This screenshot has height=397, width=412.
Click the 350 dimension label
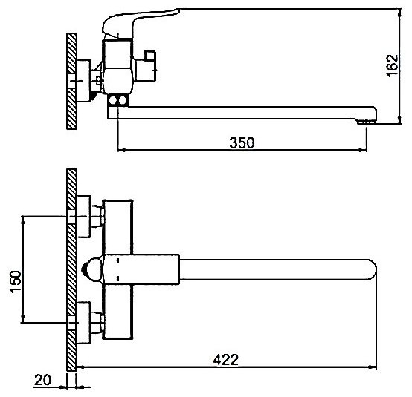(242, 142)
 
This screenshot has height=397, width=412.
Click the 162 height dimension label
(393, 65)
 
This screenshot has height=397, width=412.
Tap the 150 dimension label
(16, 281)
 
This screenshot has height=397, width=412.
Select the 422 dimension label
(225, 359)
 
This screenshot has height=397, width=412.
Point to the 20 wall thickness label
(42, 380)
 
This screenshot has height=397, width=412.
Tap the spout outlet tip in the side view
(367, 122)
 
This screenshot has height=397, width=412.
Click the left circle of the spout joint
(113, 100)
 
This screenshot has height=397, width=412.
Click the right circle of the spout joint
(122, 100)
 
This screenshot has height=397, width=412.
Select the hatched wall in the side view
(71, 81)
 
